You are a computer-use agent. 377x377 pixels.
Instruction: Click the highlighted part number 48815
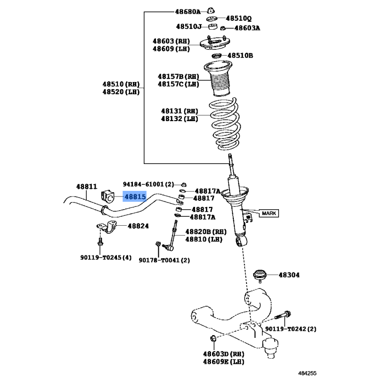[135, 197]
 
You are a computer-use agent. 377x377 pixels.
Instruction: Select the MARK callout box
[269, 213]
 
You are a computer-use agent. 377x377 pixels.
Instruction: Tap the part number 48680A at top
[188, 11]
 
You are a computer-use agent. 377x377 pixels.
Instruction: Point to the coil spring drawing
[225, 124]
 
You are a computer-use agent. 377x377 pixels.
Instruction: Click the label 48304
[289, 275]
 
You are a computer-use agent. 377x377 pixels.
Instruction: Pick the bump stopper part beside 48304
[260, 276]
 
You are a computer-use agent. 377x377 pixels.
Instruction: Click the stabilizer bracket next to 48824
[107, 227]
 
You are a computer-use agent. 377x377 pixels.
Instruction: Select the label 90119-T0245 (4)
[106, 257]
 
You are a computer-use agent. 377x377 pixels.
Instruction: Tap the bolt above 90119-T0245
[100, 242]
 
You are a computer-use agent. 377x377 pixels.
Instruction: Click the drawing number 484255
[307, 373]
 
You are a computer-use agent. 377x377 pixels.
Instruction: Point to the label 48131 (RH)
[180, 111]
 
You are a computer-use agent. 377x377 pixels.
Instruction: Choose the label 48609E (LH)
[223, 361]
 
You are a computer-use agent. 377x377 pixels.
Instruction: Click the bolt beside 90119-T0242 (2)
[283, 315]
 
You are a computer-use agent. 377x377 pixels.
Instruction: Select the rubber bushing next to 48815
[107, 196]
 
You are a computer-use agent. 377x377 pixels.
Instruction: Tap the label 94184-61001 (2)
[148, 184]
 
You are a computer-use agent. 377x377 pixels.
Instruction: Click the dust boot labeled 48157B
[218, 79]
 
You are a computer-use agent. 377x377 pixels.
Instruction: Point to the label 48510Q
[238, 18]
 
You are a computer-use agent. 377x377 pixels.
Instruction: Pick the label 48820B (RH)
[206, 232]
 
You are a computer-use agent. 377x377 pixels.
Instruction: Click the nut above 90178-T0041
[158, 244]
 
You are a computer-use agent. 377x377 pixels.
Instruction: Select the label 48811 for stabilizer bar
[87, 187]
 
